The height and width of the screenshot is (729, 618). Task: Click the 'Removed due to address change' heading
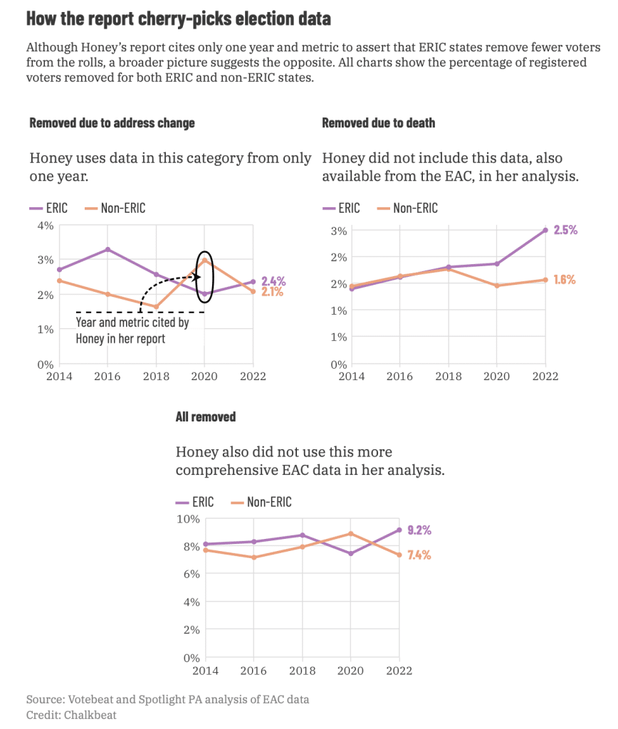coord(112,123)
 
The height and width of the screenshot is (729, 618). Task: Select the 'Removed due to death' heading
coord(378,123)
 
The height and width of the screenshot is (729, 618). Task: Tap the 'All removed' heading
coord(206,417)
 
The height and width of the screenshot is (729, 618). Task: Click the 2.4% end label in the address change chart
coord(273,280)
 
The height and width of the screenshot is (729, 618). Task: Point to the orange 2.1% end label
coord(273,292)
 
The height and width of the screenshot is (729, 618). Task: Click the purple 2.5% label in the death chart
coord(565,230)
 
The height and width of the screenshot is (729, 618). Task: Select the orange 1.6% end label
coord(565,280)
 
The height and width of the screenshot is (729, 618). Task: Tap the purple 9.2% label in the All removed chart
coord(419,530)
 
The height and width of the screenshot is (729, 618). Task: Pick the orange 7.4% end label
coord(419,555)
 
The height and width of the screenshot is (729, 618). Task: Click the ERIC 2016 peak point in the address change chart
coord(108,249)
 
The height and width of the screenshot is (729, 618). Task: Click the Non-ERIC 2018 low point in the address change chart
coord(156,308)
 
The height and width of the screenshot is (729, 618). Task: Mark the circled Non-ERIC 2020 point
coord(205,260)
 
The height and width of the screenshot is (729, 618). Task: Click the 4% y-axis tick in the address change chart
coord(46,226)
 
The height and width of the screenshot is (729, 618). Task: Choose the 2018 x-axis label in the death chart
coord(449,377)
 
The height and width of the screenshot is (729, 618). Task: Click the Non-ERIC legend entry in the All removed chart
coord(262,503)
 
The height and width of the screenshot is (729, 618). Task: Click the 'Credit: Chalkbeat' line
coord(71,714)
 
